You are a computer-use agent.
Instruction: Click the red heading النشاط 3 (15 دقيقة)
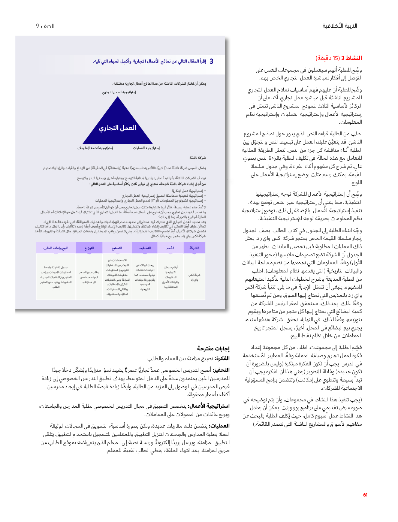coord(338,58)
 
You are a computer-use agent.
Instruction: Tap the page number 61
coord(365,495)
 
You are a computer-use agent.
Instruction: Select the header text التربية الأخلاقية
coord(340,26)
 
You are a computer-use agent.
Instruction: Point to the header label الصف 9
coord(45,26)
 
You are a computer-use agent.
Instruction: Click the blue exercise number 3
coord(211,61)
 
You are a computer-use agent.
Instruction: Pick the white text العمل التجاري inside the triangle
coord(117,128)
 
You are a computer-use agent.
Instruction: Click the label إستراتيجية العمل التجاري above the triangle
coord(119,92)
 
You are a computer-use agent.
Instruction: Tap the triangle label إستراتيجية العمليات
coord(146,148)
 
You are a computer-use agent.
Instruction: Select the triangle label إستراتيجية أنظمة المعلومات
coord(95,148)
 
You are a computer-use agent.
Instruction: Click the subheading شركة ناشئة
coord(198,158)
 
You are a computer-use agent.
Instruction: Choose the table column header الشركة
coord(195,248)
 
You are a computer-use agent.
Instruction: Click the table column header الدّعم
coord(171,248)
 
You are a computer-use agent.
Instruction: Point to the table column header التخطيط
coord(145,248)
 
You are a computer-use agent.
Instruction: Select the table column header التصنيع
coord(117,248)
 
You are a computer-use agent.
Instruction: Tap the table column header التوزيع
coord(89,248)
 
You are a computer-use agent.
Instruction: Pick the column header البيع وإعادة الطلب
coord(56,248)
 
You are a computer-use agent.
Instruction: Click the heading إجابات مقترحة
coord(213,348)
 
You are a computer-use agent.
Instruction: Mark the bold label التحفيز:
coord(221,370)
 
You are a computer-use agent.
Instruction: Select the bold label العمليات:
coord(219,426)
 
